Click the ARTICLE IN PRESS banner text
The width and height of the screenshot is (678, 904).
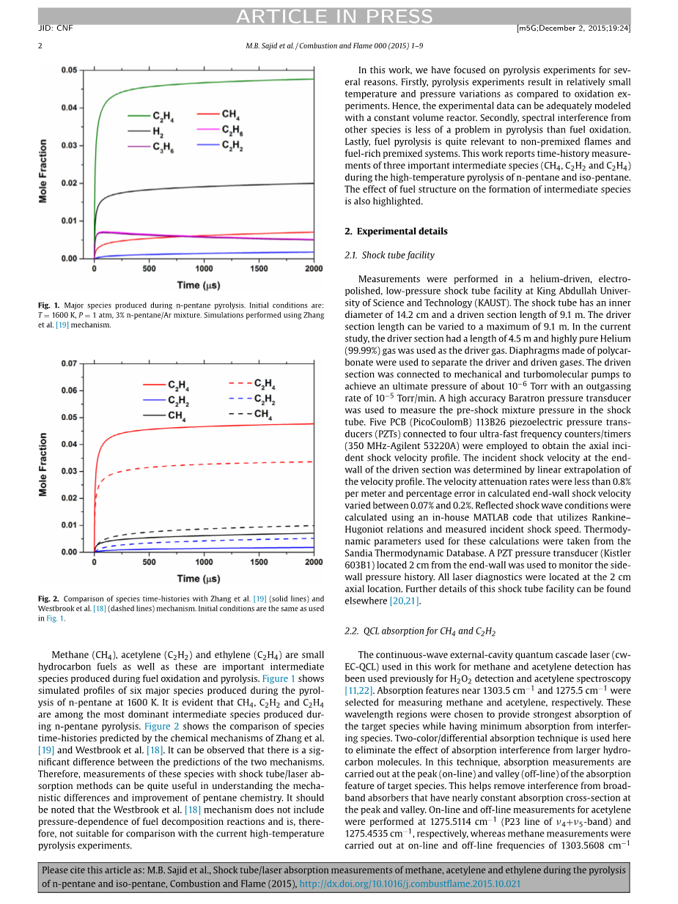point(334,16)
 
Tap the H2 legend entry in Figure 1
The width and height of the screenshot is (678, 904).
point(158,131)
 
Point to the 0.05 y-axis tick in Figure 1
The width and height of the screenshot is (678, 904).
point(68,70)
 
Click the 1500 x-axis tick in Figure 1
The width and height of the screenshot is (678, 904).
point(259,269)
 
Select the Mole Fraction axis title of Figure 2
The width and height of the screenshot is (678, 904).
point(43,464)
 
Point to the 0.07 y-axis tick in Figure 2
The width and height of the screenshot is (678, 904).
point(68,363)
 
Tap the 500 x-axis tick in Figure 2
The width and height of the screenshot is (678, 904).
point(149,563)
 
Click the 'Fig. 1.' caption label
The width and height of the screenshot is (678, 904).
point(49,305)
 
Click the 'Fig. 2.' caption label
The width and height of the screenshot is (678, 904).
point(49,599)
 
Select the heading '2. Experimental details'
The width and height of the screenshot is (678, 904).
point(395,231)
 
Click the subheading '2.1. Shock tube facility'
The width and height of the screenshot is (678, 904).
point(389,256)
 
